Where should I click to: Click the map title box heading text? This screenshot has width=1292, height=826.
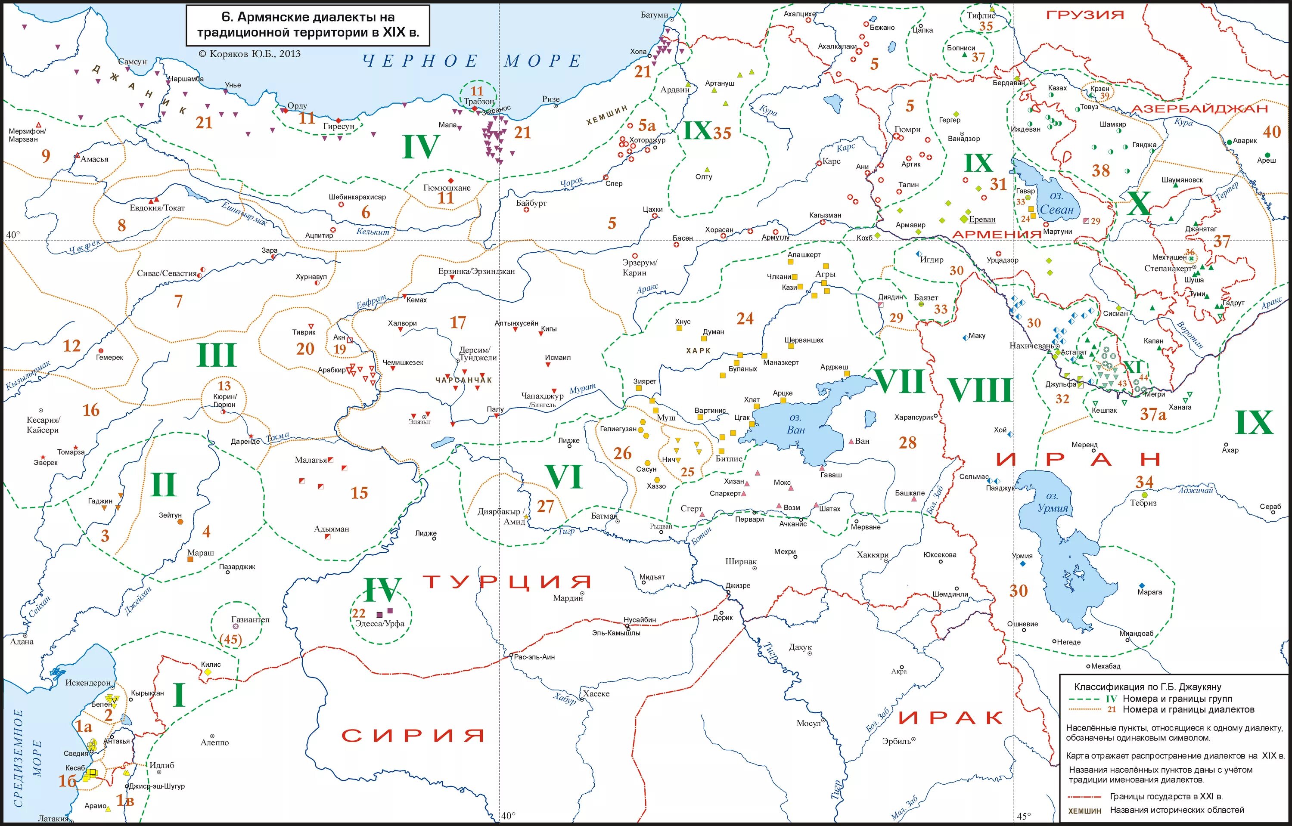coord(307,25)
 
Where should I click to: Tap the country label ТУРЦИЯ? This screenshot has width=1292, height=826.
coord(507,582)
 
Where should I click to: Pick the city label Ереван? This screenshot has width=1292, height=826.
coord(982,220)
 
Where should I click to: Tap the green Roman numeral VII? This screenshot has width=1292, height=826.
coord(900,381)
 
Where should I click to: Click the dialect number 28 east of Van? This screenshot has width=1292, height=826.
coord(907,442)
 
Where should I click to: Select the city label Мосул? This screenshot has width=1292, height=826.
coord(808,723)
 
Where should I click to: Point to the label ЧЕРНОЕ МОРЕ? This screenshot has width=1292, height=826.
coord(472,61)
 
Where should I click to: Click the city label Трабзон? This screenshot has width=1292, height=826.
coord(478,102)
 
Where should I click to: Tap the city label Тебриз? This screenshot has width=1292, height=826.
coord(1143,503)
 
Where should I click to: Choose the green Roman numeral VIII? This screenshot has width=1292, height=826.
coord(979,390)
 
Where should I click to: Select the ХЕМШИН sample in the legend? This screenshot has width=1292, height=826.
coord(1085,811)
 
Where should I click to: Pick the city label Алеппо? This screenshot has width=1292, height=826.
coord(214,743)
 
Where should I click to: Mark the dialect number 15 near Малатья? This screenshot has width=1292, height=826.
coord(359,493)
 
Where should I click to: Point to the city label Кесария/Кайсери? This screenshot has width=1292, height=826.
coord(43,425)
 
